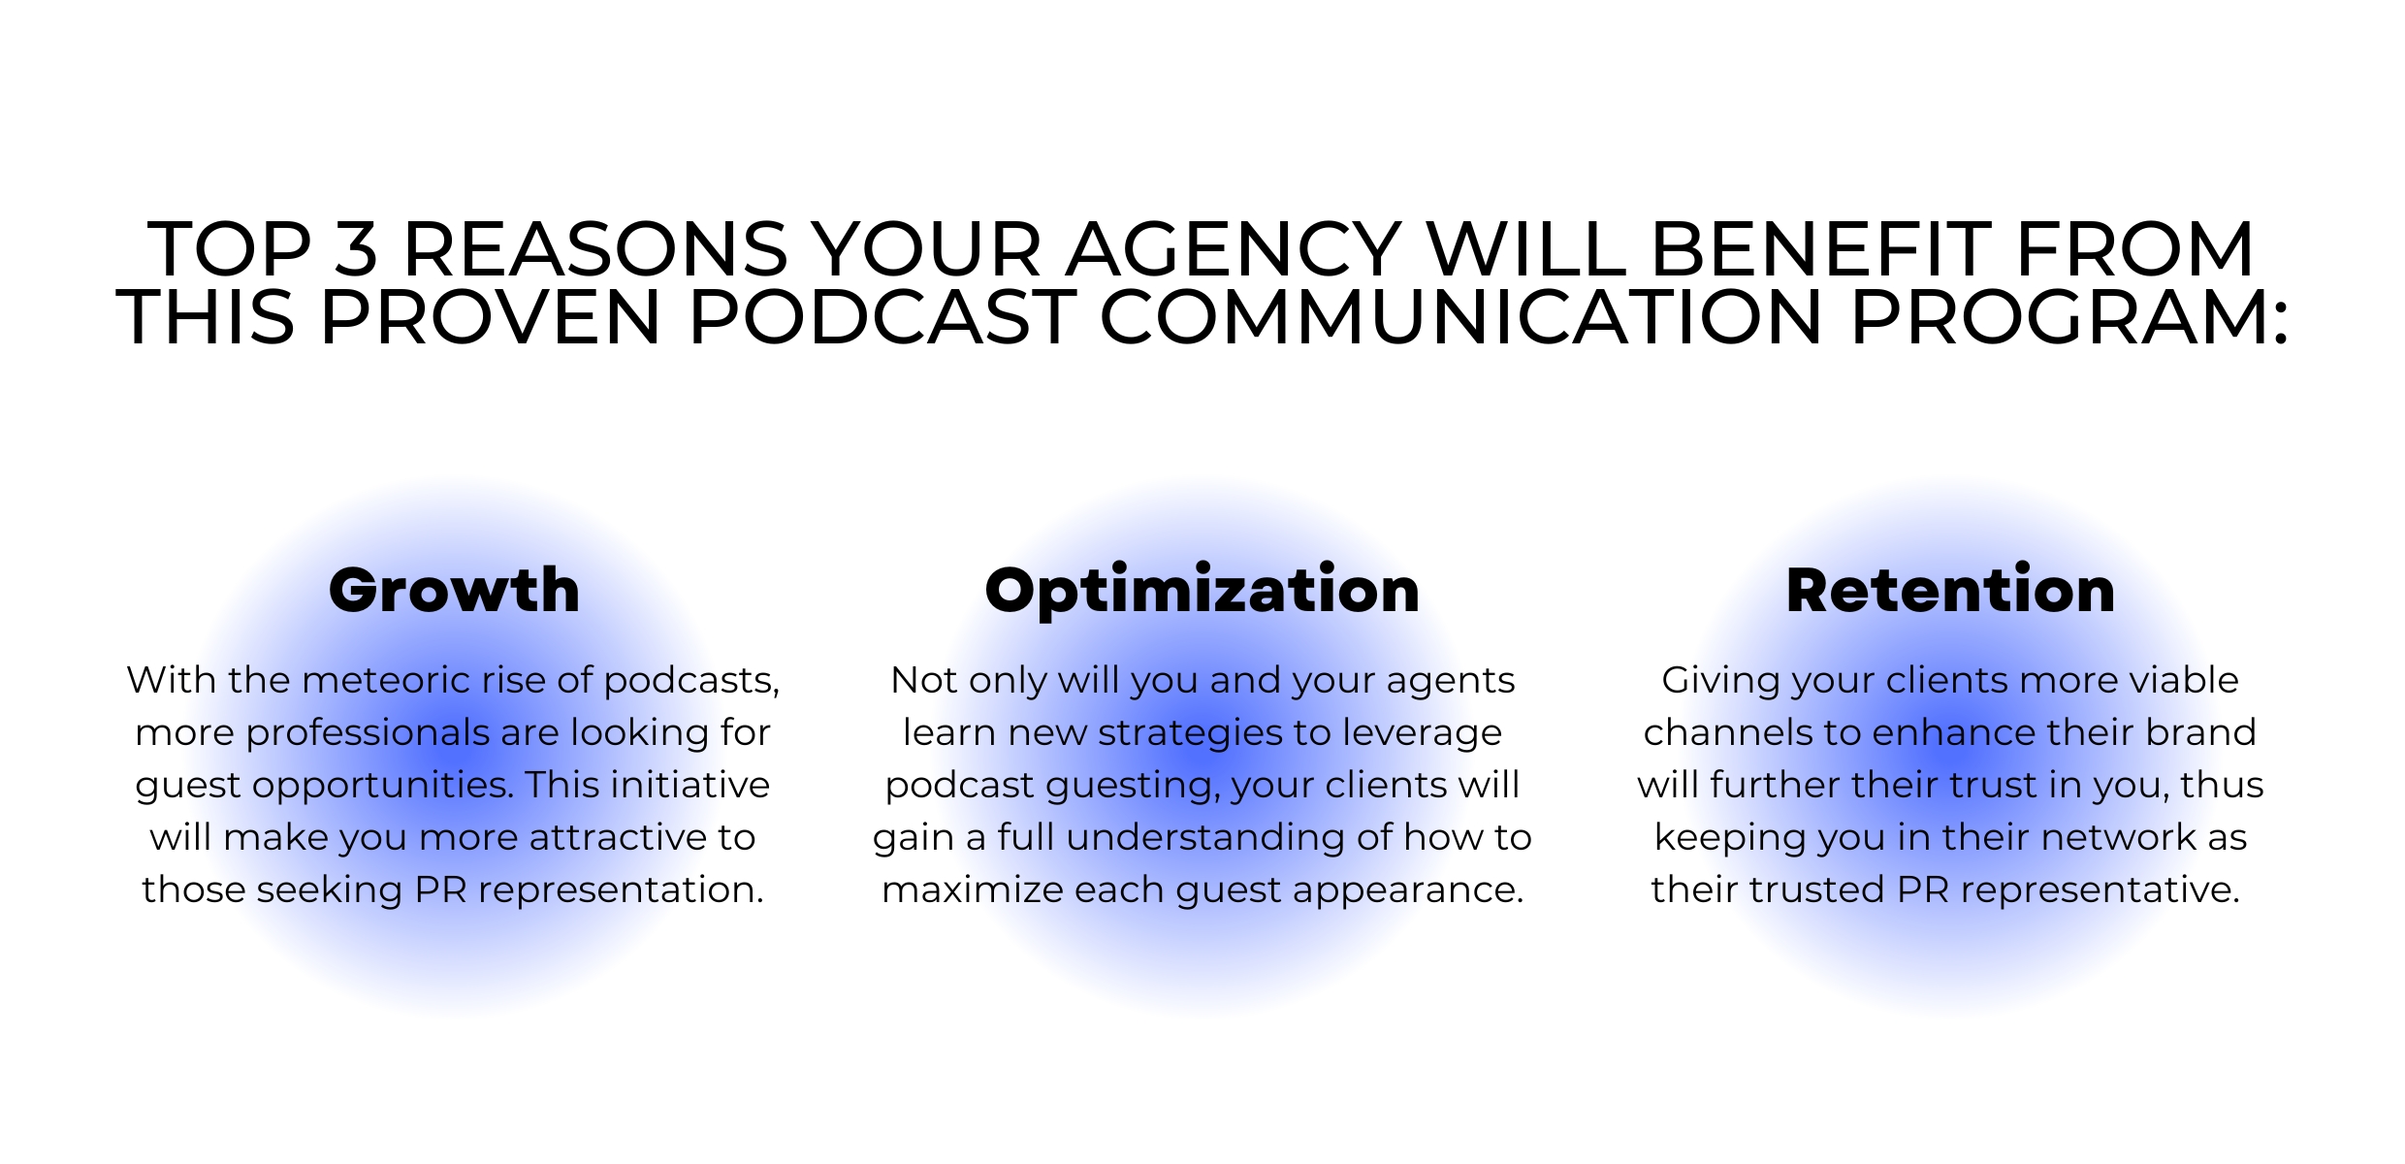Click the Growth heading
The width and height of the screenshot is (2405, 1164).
(x=454, y=592)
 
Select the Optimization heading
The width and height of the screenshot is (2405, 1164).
(x=1202, y=592)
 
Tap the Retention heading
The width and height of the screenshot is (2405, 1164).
(x=1950, y=590)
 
